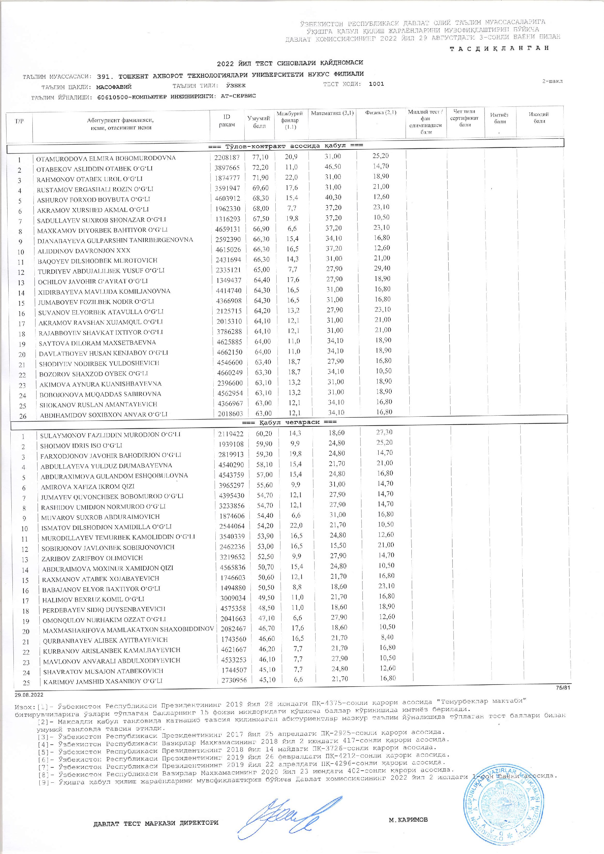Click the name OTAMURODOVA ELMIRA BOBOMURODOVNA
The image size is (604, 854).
(x=106, y=158)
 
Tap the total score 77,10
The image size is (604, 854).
(x=260, y=157)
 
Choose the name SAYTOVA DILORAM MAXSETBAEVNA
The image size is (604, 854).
(x=98, y=342)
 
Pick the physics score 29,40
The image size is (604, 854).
(x=381, y=268)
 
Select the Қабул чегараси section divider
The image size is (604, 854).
(x=289, y=422)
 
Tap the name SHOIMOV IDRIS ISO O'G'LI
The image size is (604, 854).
(x=81, y=445)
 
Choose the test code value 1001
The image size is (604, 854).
(x=376, y=84)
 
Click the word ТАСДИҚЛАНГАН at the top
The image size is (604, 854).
(x=499, y=48)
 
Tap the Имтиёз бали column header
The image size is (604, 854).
(x=500, y=118)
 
